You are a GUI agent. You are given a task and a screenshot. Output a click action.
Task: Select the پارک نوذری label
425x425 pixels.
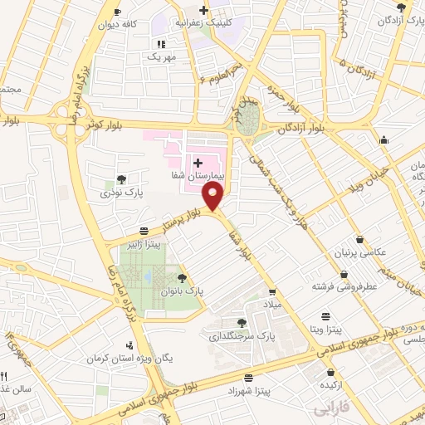click(122, 193)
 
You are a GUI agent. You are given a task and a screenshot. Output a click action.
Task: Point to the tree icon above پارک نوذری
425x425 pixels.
click(122, 178)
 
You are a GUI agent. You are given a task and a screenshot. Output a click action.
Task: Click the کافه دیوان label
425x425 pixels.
click(139, 24)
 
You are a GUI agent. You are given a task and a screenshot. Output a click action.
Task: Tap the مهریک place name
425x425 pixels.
click(160, 56)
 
